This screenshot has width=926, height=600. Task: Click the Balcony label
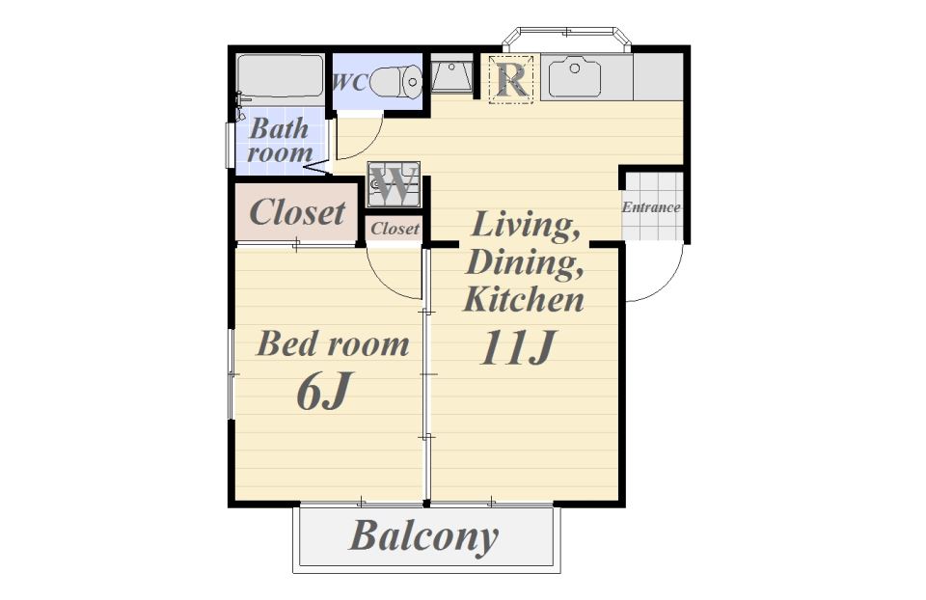coord(424,536)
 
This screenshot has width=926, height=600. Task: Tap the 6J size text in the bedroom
coord(324,391)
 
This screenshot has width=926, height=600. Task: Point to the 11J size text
coord(518,347)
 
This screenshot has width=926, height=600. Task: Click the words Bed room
coord(333,343)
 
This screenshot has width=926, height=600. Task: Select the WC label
coord(350,83)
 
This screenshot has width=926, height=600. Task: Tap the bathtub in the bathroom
coord(281,76)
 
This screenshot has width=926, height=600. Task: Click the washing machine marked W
coord(394,184)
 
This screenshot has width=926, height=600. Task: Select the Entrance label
coord(651,207)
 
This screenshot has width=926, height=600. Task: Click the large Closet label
coord(297,212)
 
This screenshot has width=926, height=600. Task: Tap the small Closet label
coord(395,229)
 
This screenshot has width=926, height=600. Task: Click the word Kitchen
coord(524,299)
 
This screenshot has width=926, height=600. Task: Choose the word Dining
coord(525,262)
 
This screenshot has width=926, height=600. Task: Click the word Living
coord(525,226)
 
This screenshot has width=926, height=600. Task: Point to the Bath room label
coord(280,140)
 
